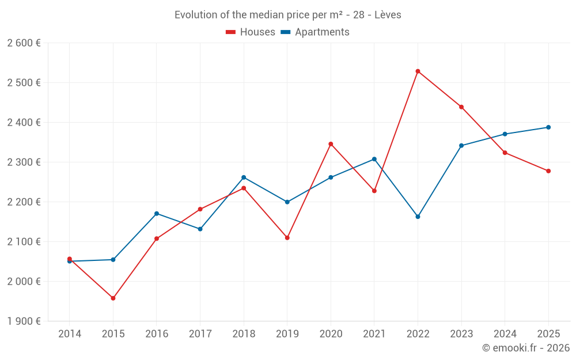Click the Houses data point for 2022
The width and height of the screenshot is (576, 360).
(418, 71)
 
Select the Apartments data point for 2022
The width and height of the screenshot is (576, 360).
(418, 217)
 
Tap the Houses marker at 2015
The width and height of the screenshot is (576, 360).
(113, 298)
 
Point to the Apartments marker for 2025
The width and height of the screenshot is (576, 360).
(548, 127)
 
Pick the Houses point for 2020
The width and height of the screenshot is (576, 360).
(331, 144)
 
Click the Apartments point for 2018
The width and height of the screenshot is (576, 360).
(244, 177)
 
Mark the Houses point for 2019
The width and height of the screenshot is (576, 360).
(287, 238)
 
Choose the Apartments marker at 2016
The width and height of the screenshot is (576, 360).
(157, 214)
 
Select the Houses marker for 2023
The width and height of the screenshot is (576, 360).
(461, 107)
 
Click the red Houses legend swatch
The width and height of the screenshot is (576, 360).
(230, 32)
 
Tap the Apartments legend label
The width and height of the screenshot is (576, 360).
(322, 32)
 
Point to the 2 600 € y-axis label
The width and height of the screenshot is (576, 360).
(24, 43)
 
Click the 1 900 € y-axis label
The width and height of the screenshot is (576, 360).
(24, 321)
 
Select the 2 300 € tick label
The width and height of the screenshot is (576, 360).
(24, 162)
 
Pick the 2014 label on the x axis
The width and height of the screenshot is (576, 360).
(70, 334)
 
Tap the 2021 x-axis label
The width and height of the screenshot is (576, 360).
(374, 334)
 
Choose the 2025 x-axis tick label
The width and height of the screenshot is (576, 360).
(548, 334)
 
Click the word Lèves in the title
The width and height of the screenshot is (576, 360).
(388, 15)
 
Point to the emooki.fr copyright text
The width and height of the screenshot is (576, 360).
(525, 348)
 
